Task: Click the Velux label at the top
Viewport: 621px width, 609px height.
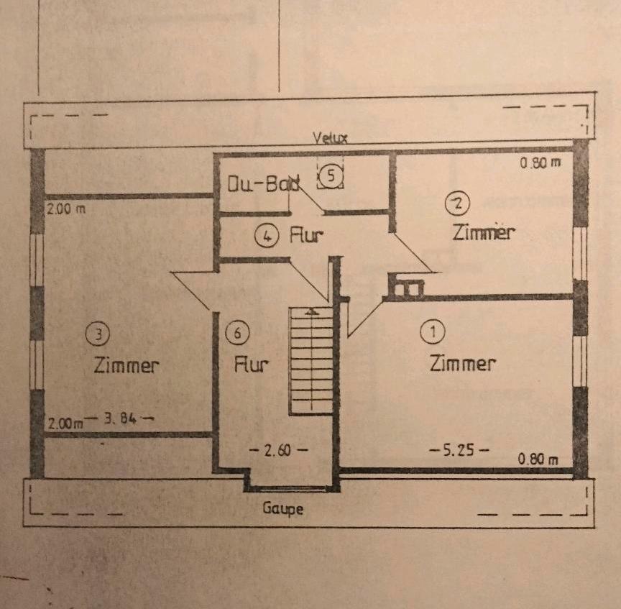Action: click(x=329, y=139)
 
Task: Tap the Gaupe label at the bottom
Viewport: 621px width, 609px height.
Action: click(x=282, y=509)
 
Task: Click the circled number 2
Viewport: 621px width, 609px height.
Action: click(x=456, y=203)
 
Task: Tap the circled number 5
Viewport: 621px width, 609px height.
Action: click(x=331, y=175)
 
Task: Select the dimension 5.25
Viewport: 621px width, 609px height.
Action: click(x=459, y=450)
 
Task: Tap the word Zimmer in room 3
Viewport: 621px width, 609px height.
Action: click(x=126, y=365)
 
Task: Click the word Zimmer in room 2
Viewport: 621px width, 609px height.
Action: click(x=484, y=232)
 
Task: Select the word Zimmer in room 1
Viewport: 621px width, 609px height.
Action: click(x=462, y=363)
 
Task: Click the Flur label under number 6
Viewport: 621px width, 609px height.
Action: click(x=252, y=365)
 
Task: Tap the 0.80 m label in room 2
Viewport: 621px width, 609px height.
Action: click(x=540, y=162)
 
